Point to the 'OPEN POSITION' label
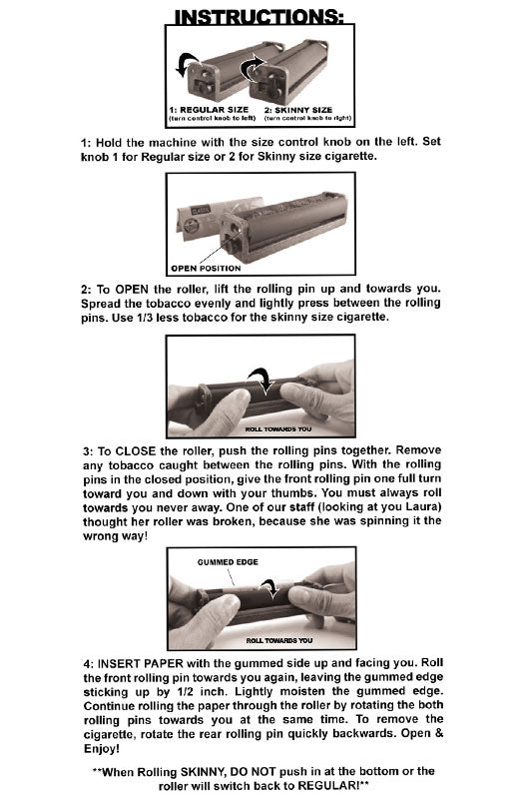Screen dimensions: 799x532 click(x=207, y=268)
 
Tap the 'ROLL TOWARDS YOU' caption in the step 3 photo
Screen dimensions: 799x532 click(x=279, y=428)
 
